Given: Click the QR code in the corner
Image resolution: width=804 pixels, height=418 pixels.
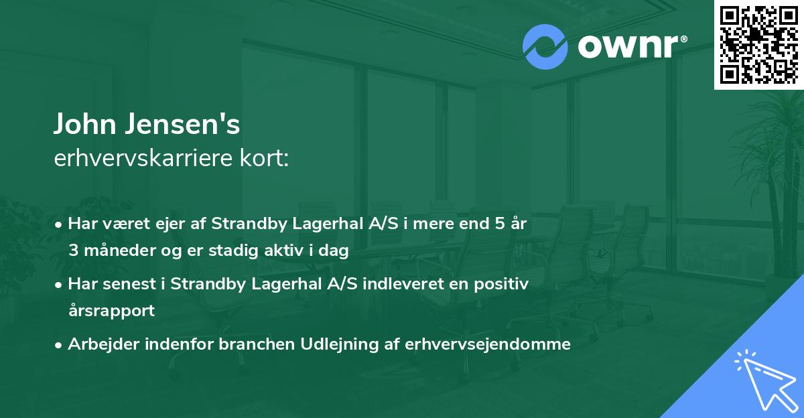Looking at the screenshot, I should [x=758, y=45].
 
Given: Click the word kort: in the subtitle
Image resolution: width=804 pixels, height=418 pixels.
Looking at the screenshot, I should [x=267, y=159].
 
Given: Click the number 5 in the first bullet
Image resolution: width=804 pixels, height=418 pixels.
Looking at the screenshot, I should [x=499, y=224].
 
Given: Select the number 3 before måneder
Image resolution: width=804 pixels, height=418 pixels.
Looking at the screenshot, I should [x=73, y=251].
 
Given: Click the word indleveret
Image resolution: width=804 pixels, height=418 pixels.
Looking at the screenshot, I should [x=399, y=284].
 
